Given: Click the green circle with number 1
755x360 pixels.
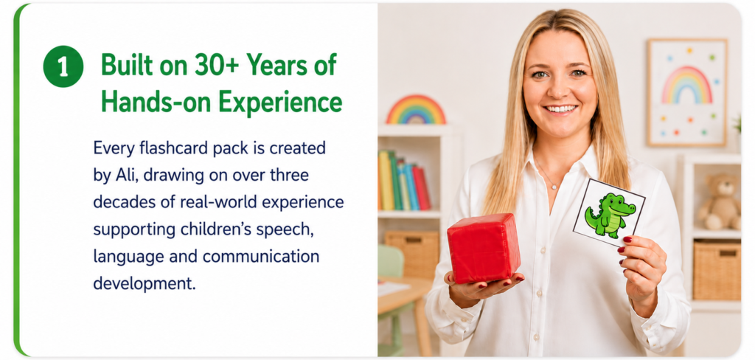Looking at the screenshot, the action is click(63, 66).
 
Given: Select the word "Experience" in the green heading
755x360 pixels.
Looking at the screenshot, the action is click(280, 102).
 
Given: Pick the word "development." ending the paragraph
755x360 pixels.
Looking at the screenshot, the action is click(145, 284).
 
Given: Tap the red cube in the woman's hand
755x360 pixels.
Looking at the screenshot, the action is click(484, 248).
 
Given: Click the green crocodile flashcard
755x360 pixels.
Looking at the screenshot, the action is click(609, 212).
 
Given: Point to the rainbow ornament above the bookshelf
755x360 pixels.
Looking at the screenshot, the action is click(416, 110).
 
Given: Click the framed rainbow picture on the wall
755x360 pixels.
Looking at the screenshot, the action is click(686, 92).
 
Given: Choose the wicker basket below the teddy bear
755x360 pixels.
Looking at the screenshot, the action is click(717, 270).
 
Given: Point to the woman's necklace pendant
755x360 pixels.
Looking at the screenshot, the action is click(554, 187).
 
